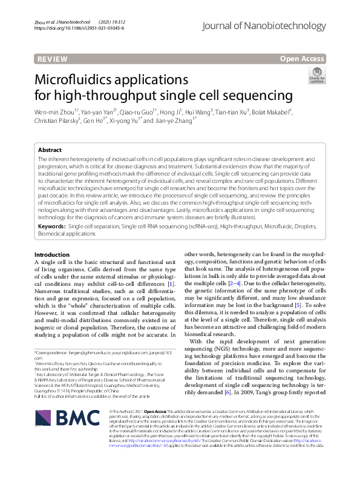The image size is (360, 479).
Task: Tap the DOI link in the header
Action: click(x=79, y=28)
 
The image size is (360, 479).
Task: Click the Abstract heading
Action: click(x=50, y=150)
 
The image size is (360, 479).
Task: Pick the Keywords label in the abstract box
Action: click(x=51, y=225)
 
